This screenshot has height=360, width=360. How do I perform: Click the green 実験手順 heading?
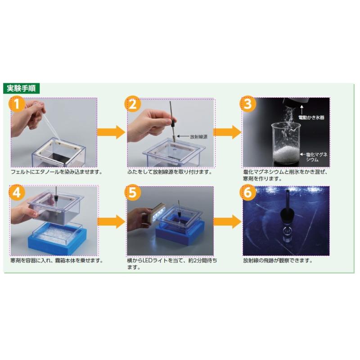pyautogui.click(x=21, y=88)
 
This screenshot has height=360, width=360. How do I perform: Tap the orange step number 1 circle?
pyautogui.click(x=17, y=104)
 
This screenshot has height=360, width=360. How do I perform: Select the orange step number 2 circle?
pyautogui.click(x=133, y=104)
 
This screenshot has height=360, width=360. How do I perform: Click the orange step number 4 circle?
pyautogui.click(x=17, y=193)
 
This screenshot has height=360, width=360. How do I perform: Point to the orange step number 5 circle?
pyautogui.click(x=133, y=193)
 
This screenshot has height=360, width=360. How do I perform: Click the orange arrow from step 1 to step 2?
pyautogui.click(x=111, y=132)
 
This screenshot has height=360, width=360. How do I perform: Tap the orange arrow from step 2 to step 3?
pyautogui.click(x=227, y=132)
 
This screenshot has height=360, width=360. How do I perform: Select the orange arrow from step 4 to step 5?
pyautogui.click(x=111, y=221)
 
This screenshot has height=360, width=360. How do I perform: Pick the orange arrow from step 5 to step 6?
pyautogui.click(x=227, y=221)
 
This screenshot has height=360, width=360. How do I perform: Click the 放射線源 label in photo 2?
pyautogui.click(x=198, y=137)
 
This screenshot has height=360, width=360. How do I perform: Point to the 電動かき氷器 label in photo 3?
pyautogui.click(x=311, y=117)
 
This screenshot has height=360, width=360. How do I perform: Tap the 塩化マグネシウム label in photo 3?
pyautogui.click(x=316, y=157)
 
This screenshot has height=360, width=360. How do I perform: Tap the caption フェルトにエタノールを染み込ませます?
pyautogui.click(x=57, y=172)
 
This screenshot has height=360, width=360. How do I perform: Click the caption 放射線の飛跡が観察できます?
pyautogui.click(x=278, y=261)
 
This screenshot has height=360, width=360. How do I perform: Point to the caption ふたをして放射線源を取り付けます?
pyautogui.click(x=170, y=172)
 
